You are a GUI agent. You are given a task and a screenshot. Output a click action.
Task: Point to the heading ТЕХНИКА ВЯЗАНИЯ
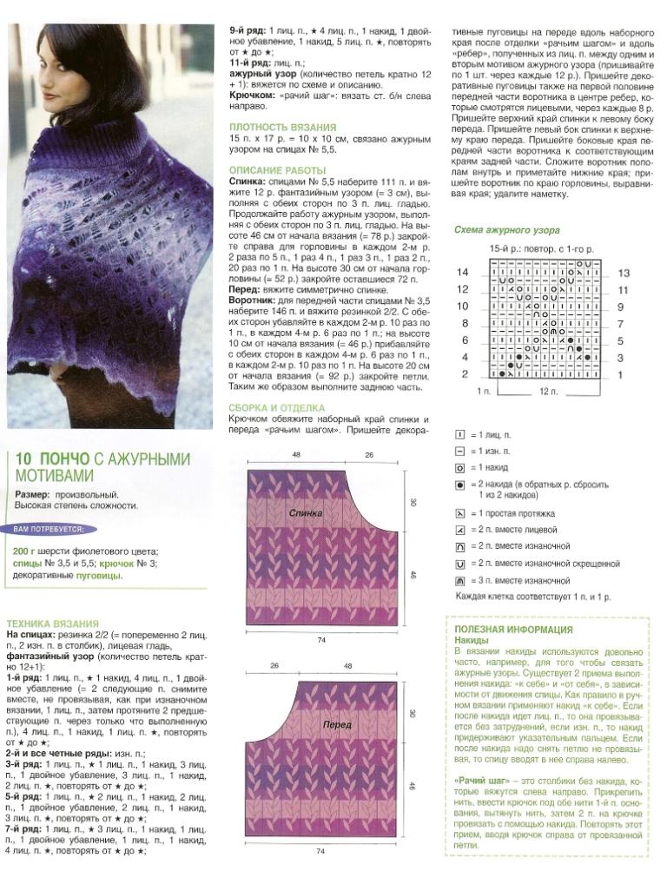(52, 624)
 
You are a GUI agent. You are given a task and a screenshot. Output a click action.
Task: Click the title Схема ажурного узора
(507, 230)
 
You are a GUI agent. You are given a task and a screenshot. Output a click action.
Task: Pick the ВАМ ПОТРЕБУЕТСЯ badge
(50, 528)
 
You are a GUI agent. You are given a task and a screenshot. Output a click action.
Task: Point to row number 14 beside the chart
(463, 273)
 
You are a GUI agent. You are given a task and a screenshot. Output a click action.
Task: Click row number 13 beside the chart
(623, 273)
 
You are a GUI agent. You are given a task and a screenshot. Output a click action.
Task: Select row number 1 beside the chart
(620, 374)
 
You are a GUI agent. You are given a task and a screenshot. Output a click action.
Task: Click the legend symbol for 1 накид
(459, 466)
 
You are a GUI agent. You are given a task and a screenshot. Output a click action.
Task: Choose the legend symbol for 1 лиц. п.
(459, 433)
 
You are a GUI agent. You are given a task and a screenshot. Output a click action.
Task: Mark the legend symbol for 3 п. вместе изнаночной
(459, 579)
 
